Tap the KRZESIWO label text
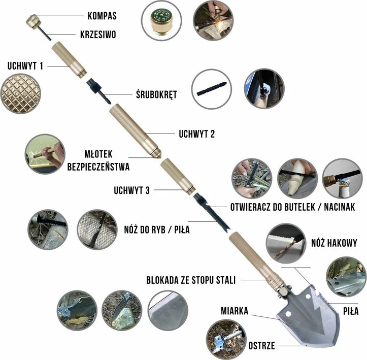tap(98, 35)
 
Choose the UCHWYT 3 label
tap(132, 190)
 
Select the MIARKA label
tap(234, 311)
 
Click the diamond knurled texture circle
tap(21, 94)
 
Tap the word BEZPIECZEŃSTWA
tap(98, 166)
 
